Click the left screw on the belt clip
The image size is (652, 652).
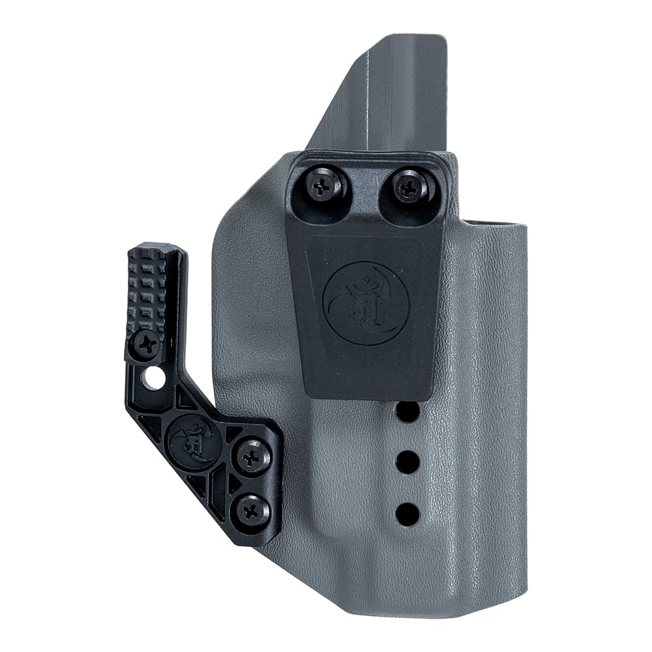(324, 186)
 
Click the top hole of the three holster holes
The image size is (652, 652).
(407, 411)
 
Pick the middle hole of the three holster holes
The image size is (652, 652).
(407, 463)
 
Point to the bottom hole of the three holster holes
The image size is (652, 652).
(407, 514)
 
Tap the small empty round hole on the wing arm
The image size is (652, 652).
(155, 378)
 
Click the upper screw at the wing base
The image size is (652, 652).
(252, 456)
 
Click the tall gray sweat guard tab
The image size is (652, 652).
(391, 91)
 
